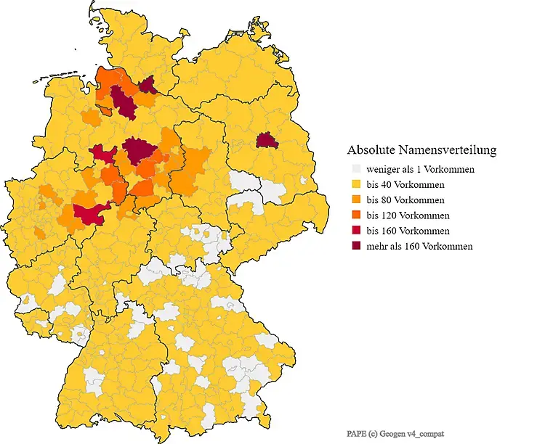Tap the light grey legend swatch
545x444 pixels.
[x=355, y=169]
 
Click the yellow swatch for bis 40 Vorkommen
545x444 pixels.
[x=355, y=184]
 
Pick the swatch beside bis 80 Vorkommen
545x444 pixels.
[x=355, y=200]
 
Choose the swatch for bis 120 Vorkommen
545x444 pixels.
[x=355, y=215]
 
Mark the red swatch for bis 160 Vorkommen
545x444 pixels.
[x=355, y=231]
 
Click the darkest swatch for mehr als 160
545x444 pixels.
[x=355, y=246]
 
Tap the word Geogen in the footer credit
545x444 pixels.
[x=397, y=432]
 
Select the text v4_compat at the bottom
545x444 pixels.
[x=429, y=432]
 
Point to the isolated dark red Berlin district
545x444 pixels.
[x=267, y=140]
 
